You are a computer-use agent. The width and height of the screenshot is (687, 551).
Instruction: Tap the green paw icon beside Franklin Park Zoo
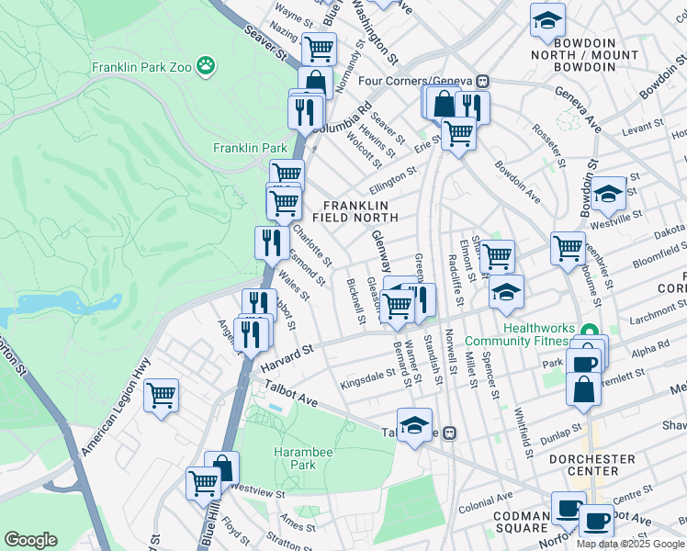coord(209,66)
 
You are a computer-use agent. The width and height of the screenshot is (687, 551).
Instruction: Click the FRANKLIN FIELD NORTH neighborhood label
coord(355,211)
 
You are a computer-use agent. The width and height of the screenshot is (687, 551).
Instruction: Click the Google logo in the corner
coord(30,539)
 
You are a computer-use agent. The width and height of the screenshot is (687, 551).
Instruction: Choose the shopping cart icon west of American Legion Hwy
coord(162,396)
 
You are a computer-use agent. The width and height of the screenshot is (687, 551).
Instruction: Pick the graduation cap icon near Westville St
coord(607,194)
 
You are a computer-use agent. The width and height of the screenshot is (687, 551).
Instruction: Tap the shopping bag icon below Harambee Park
coord(221,467)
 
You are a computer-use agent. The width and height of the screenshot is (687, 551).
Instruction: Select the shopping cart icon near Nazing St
coord(319,48)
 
